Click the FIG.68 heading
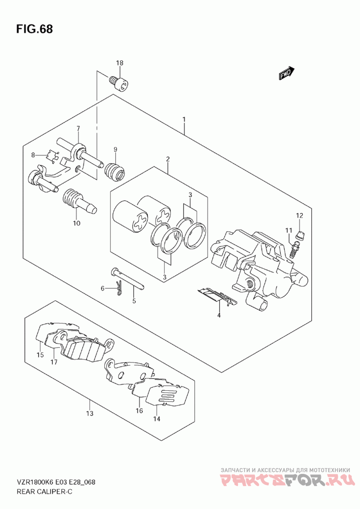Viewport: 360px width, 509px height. point(34,29)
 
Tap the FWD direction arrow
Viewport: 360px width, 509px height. point(286,73)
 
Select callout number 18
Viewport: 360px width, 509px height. point(120,63)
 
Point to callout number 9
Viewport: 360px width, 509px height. point(115,149)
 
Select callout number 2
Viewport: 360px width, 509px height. point(168,159)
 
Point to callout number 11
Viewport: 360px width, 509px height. point(288,231)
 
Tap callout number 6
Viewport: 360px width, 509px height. point(103,288)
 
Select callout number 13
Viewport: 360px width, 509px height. point(90,413)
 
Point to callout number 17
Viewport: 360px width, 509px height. point(54,362)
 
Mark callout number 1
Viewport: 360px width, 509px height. point(184,120)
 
